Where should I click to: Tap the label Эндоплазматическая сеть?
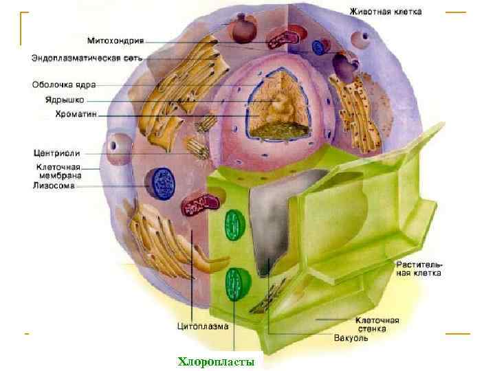click(x=87, y=58)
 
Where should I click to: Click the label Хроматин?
click(x=75, y=113)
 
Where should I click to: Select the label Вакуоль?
click(x=351, y=337)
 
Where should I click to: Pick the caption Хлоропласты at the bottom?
click(x=216, y=361)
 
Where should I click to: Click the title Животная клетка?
click(x=386, y=12)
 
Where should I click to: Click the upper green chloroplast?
click(x=234, y=226)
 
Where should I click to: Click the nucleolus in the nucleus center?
click(x=280, y=107)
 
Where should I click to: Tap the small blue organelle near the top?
click(x=318, y=47)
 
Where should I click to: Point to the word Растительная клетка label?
click(x=419, y=269)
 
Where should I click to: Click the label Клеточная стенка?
click(x=377, y=324)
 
